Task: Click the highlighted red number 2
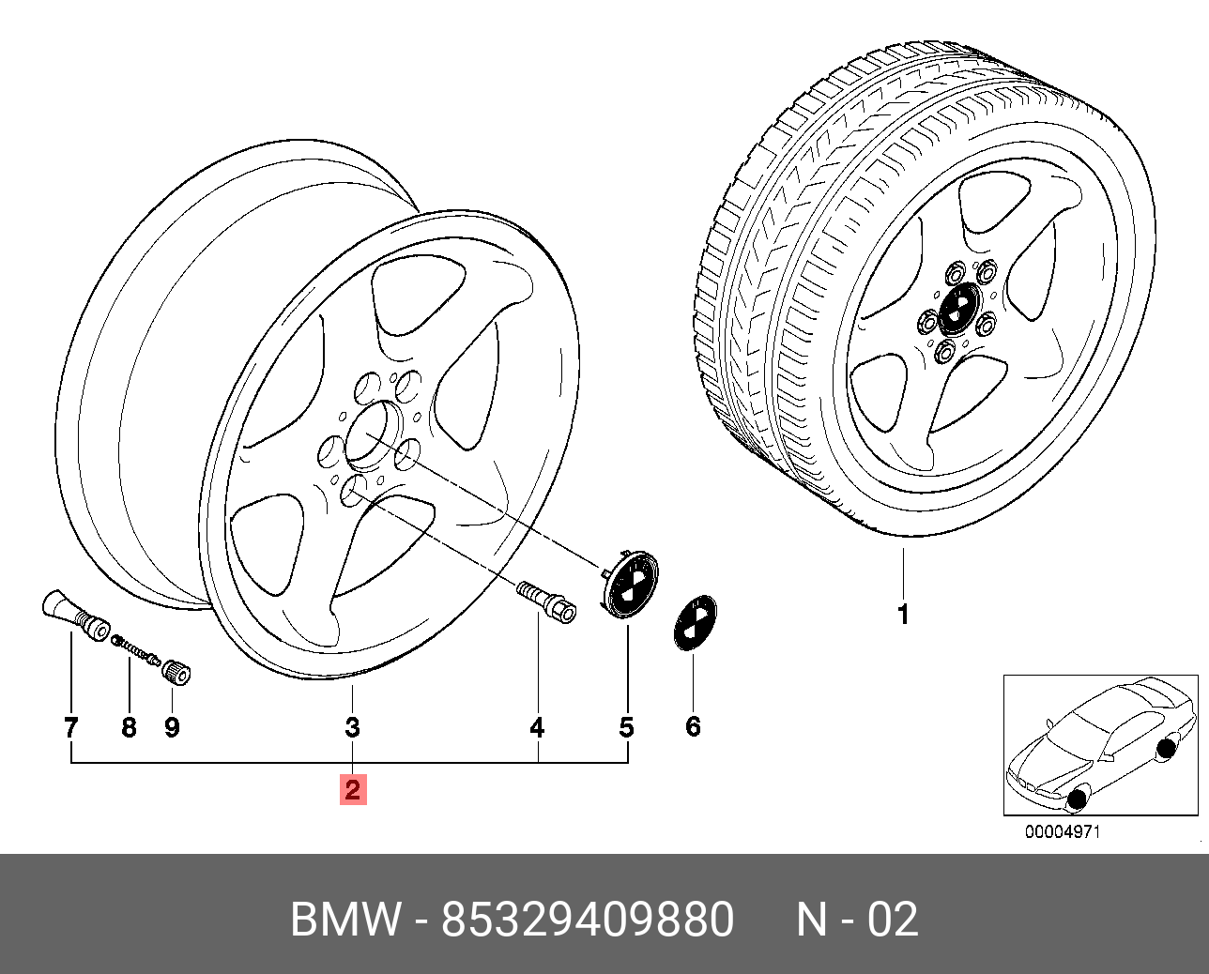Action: coord(353,790)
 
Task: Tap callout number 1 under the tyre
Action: coord(903,614)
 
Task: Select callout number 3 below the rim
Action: coord(352,727)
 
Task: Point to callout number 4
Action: coord(538,727)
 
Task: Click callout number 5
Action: coord(626,727)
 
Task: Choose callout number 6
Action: coord(694,726)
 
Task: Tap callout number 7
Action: coord(70,727)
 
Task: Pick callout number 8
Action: coord(130,727)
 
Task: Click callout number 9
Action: coord(172,727)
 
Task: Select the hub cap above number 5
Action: coord(629,584)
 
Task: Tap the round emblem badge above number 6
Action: coord(696,623)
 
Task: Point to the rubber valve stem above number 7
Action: coord(75,615)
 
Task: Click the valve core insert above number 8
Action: coord(136,648)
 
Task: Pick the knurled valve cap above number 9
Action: coord(176,673)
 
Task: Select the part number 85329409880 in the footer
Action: coord(588,920)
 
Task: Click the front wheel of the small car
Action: coord(1078,799)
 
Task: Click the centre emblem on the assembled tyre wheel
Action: coord(959,309)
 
